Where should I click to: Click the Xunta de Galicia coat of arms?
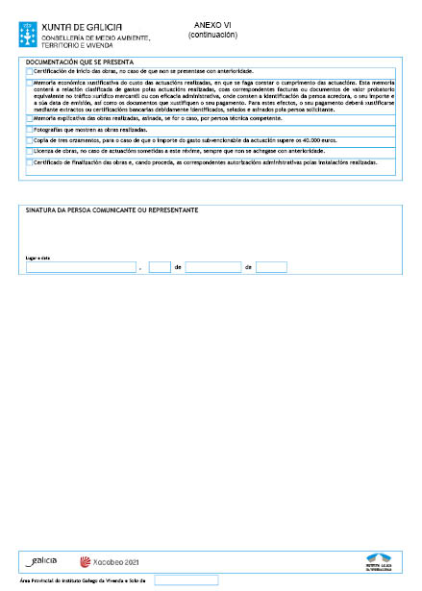28,25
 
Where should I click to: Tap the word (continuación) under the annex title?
212,36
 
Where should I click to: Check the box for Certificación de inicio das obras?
30,72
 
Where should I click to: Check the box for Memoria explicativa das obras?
30,118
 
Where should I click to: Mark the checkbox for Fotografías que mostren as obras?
30,129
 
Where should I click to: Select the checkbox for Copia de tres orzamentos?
30,140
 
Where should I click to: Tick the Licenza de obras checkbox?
30,152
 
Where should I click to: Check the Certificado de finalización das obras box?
30,163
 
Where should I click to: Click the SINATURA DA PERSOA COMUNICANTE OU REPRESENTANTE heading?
112,209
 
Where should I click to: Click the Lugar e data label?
37,258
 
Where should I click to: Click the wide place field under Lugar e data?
81,267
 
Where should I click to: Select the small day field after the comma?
160,267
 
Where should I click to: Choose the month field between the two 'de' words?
213,267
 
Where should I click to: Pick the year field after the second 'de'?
272,267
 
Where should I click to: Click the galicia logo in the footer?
42,560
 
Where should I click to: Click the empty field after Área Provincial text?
186,580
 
